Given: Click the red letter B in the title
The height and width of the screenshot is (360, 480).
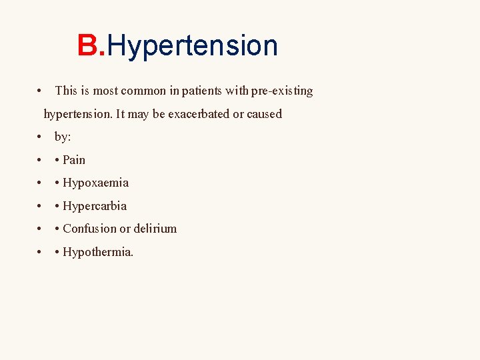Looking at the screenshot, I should click(87, 46).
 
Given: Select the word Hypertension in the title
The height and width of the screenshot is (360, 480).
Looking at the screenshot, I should click(192, 46).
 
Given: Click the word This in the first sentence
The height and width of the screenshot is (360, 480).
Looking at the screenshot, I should click(66, 91).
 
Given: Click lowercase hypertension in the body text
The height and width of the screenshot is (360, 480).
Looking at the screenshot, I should click(77, 114).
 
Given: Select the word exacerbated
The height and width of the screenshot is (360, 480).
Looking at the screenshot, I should click(198, 114).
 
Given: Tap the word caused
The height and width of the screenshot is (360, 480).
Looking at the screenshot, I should click(265, 114).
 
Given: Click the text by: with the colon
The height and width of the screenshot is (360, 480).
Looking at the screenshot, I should click(63, 137).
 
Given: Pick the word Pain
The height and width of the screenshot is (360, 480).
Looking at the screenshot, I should click(74, 160).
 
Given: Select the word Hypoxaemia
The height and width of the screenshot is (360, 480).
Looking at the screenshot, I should click(95, 183).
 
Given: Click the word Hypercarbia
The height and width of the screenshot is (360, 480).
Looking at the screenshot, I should click(94, 206).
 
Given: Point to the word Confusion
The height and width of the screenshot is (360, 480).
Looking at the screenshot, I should click(89, 229).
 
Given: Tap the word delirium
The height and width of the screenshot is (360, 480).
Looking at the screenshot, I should click(155, 229).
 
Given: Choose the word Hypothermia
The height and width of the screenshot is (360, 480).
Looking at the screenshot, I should click(97, 252).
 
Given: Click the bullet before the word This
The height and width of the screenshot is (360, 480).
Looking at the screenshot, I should click(41, 91).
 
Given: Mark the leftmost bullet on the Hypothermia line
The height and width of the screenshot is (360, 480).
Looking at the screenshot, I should click(41, 252).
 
